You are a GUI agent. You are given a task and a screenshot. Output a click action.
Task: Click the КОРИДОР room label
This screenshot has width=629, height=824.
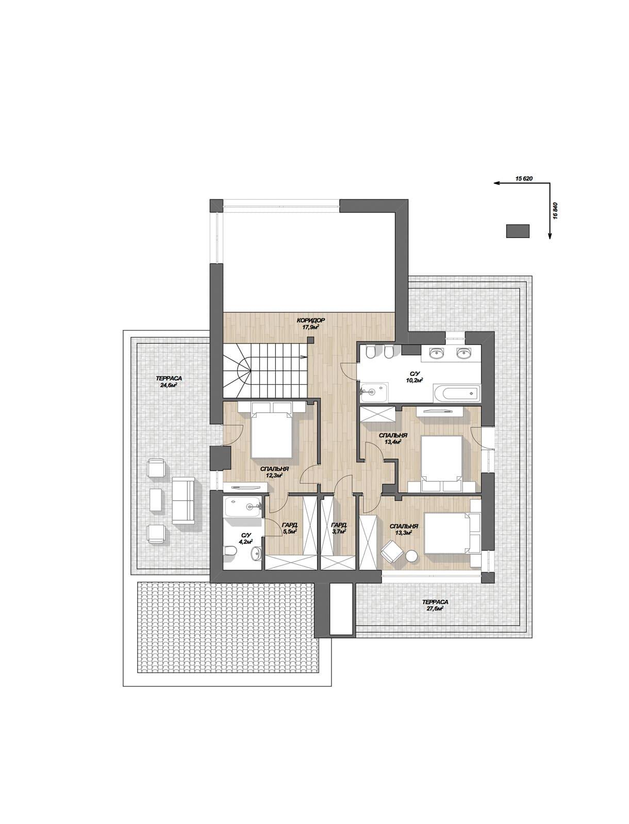(310, 320)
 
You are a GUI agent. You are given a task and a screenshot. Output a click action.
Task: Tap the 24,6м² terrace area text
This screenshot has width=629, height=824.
(169, 385)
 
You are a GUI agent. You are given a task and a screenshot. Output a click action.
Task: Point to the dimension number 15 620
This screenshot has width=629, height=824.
(524, 179)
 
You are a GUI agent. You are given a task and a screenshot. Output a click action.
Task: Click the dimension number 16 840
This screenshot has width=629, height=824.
(555, 211)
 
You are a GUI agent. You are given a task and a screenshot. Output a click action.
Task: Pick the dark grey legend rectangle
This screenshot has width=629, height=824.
(518, 231)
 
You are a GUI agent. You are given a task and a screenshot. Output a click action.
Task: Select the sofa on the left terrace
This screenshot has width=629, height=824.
(183, 501)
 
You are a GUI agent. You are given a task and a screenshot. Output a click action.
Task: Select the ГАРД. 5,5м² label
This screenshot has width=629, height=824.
(290, 528)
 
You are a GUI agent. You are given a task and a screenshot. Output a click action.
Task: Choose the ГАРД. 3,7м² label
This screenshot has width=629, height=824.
(339, 528)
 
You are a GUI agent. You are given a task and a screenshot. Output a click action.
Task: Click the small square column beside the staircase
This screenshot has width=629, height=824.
(310, 340)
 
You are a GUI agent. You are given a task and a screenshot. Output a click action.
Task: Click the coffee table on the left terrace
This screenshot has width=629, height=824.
(156, 499)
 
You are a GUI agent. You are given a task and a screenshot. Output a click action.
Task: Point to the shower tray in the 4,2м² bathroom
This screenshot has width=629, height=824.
(242, 507)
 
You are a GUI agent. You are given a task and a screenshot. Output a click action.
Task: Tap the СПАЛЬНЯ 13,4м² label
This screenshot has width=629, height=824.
(393, 438)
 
